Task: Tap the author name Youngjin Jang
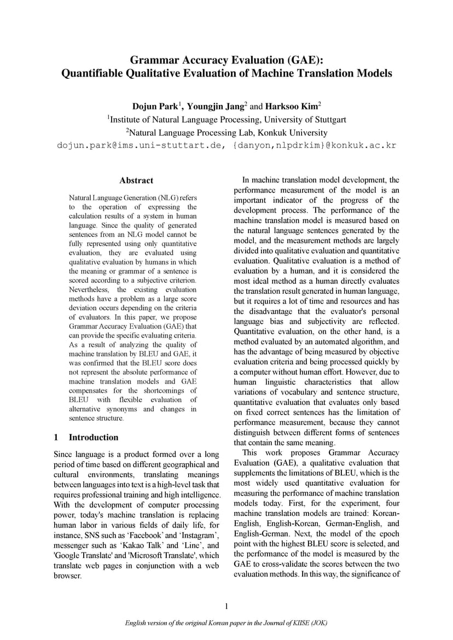216,106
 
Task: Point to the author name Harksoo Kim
293,106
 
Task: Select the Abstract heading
136,181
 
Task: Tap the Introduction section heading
93,437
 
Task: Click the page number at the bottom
226,606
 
